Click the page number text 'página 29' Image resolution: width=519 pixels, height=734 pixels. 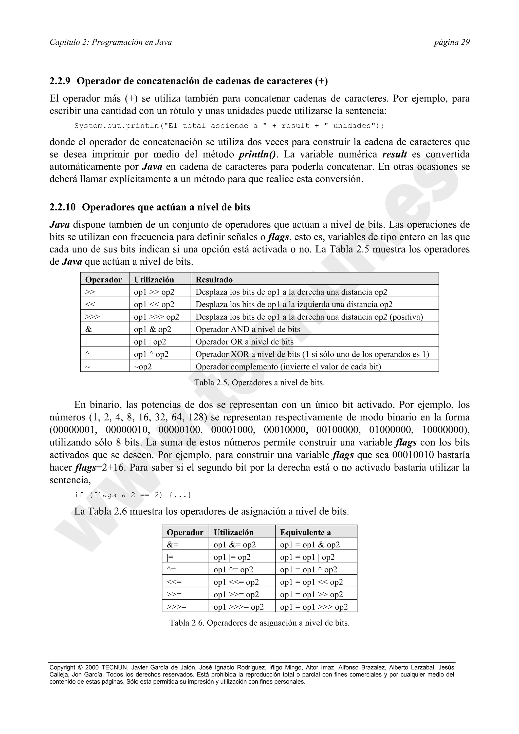click(x=452, y=42)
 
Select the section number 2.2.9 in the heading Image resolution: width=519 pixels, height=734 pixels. click(x=60, y=81)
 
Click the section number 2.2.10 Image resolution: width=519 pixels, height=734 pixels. click(x=62, y=207)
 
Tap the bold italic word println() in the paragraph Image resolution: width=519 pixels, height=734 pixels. click(x=258, y=154)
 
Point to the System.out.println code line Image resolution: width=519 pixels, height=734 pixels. click(x=229, y=126)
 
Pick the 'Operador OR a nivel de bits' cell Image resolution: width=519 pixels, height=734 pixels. click(x=244, y=342)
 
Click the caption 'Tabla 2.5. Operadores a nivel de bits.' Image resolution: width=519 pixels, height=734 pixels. click(x=259, y=383)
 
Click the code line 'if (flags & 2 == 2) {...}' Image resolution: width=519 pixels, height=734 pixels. click(x=133, y=495)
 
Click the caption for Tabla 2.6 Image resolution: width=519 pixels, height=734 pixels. click(x=259, y=623)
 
